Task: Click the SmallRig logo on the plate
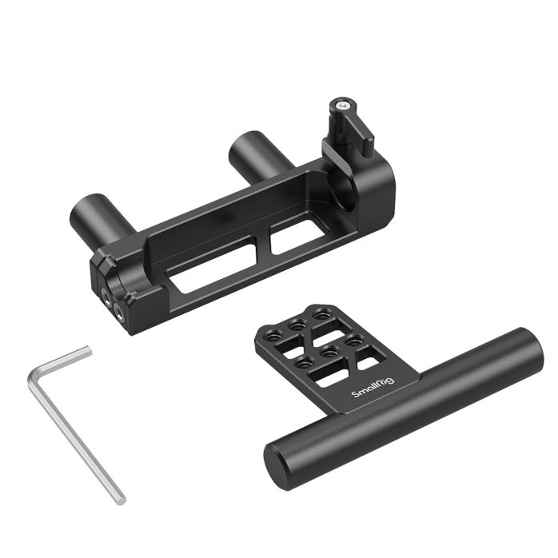(x=373, y=388)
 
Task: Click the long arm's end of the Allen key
(x=121, y=500)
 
